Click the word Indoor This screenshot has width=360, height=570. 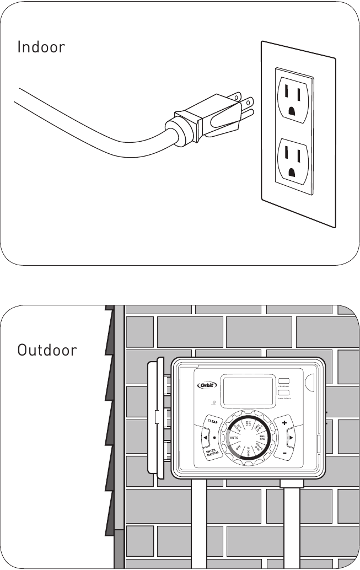coord(41,47)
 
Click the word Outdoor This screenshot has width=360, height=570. coord(47,350)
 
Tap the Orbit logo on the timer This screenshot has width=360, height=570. coord(208,385)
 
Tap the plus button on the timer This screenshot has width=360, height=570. coord(284,423)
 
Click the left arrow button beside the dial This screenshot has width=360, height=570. coord(205,439)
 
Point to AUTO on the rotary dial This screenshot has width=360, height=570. coord(233,438)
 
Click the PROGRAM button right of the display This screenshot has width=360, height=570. coord(284,381)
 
